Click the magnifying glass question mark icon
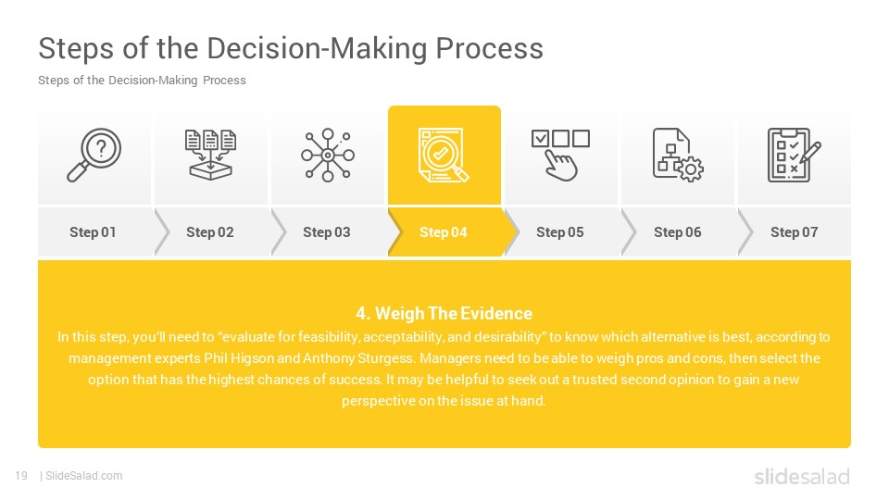[x=94, y=155]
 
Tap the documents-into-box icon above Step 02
[x=210, y=155]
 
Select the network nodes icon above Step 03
[x=328, y=155]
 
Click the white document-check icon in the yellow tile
[x=444, y=155]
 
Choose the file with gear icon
[x=678, y=155]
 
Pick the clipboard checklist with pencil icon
[x=794, y=155]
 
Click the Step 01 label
[x=93, y=231]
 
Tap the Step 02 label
[x=210, y=231]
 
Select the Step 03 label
[x=327, y=231]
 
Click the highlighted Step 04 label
[x=444, y=231]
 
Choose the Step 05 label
[x=560, y=231]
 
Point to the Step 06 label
[x=678, y=231]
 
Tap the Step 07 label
[x=795, y=231]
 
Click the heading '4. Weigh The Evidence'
[x=444, y=313]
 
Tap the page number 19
[x=21, y=476]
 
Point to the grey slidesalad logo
[x=802, y=476]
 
